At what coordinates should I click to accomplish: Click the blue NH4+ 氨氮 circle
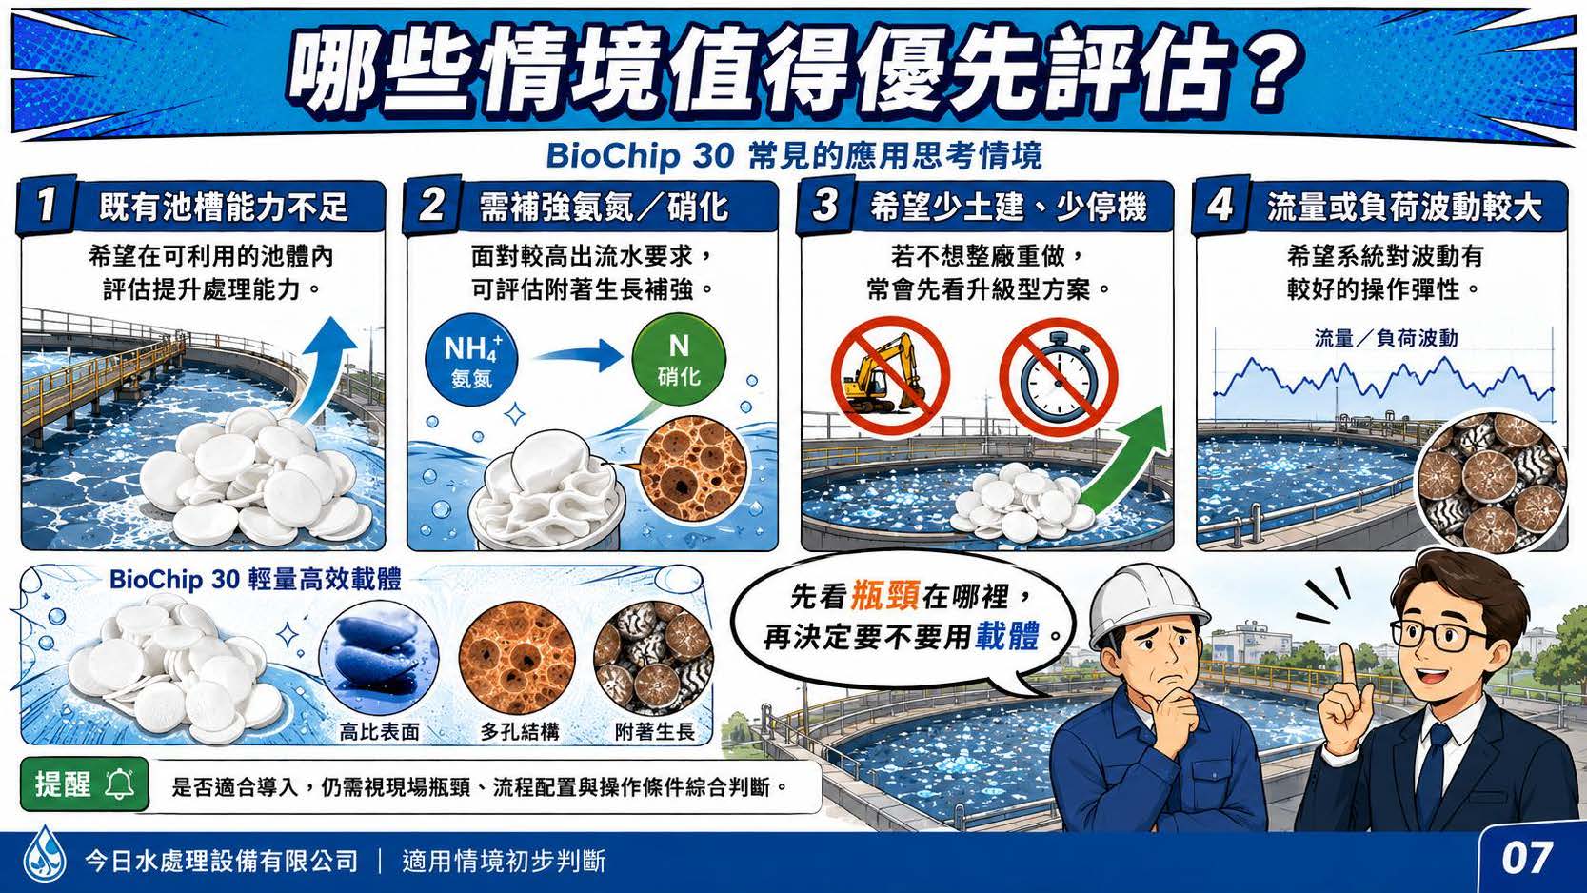tap(471, 359)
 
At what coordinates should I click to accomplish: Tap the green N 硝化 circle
tap(678, 359)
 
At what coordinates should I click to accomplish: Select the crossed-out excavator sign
tap(890, 376)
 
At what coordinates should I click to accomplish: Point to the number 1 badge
tap(46, 205)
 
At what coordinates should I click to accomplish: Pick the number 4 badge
tap(1220, 205)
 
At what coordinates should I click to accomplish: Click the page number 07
tap(1527, 859)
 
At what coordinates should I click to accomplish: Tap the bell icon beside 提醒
tap(119, 784)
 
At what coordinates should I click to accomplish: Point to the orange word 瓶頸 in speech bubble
tap(884, 596)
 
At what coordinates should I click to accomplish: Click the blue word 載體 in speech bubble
tap(1007, 636)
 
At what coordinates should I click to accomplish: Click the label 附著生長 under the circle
tap(655, 732)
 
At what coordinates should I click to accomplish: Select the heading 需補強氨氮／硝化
tap(604, 207)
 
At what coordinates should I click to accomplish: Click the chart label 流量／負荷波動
tap(1386, 338)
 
